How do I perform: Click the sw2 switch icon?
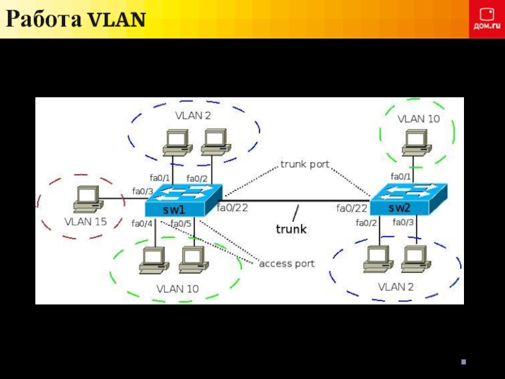tap(408, 200)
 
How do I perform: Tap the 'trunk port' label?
tap(305, 164)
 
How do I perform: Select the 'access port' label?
tap(287, 263)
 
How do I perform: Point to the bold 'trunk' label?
tap(291, 229)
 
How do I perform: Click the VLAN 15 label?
tap(85, 222)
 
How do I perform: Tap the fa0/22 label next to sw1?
tap(232, 207)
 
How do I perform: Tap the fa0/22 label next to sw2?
tap(352, 208)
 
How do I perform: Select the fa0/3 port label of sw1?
tap(142, 191)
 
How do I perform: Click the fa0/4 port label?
tap(142, 223)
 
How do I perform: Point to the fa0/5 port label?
tap(181, 224)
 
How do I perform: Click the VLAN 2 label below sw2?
tap(396, 287)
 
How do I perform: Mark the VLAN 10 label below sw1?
tap(177, 289)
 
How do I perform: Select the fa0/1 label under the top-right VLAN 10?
tap(401, 176)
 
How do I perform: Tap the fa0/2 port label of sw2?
tap(366, 222)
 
